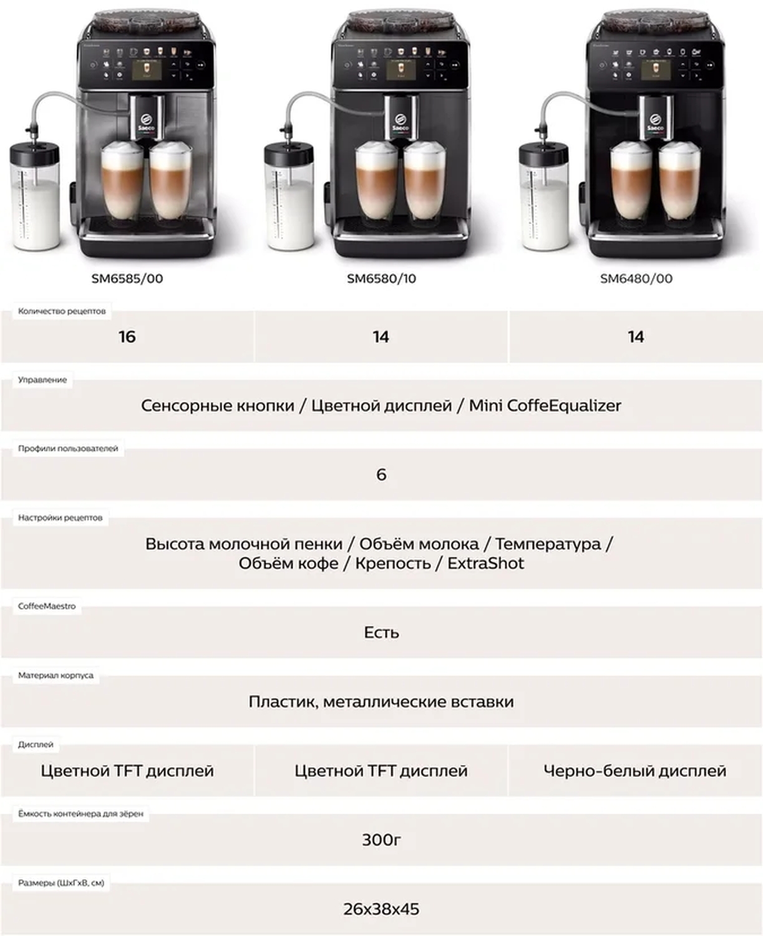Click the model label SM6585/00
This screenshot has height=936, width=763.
coord(127,279)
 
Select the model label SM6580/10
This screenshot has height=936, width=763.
coord(381,279)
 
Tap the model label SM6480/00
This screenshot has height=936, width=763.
coord(636,279)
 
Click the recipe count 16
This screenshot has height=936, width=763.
coord(127,337)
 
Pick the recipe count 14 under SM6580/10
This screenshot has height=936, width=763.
coord(381,337)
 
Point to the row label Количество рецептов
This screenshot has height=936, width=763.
coord(62,311)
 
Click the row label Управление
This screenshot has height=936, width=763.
coord(42,380)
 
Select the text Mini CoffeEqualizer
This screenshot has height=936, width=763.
coord(545,406)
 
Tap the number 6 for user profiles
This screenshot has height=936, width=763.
coord(381,475)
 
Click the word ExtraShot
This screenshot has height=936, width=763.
coord(485,563)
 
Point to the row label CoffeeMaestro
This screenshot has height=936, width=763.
coord(47,607)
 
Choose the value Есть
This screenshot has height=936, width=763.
coord(381,633)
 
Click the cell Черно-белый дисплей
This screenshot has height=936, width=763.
coord(635,771)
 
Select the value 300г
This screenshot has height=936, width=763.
coord(381,840)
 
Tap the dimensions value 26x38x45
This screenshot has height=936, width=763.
coord(381,909)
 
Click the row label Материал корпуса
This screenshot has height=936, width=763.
coord(56,676)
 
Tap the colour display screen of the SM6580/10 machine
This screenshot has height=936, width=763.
coord(401,70)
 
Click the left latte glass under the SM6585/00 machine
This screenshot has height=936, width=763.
coord(122,182)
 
